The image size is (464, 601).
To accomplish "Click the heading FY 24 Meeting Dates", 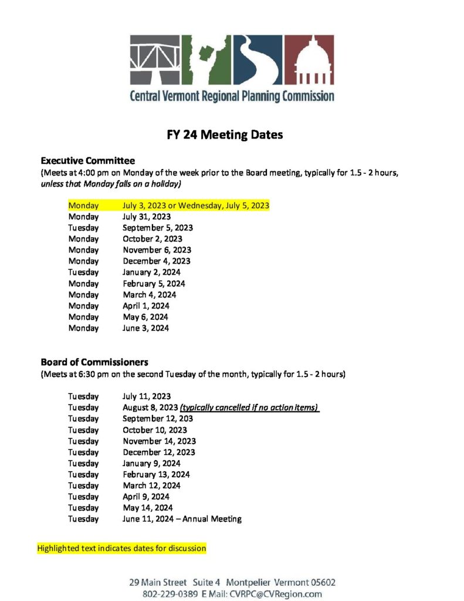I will coord(232,135).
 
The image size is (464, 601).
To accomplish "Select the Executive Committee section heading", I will coord(88,161).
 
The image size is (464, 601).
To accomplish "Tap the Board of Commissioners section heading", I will coord(94,362).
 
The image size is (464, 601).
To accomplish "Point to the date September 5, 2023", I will coord(158,228).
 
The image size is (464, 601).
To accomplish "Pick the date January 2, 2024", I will coord(151,272).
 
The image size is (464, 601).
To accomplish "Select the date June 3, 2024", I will coord(145,328).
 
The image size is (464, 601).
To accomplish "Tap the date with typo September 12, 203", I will coord(158,418).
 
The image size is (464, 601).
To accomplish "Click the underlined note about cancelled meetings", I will coord(249,407).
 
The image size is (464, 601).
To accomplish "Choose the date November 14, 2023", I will coord(159,441).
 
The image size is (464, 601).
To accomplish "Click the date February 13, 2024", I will coord(156,474).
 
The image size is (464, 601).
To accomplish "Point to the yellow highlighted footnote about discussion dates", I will coord(122,548).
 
